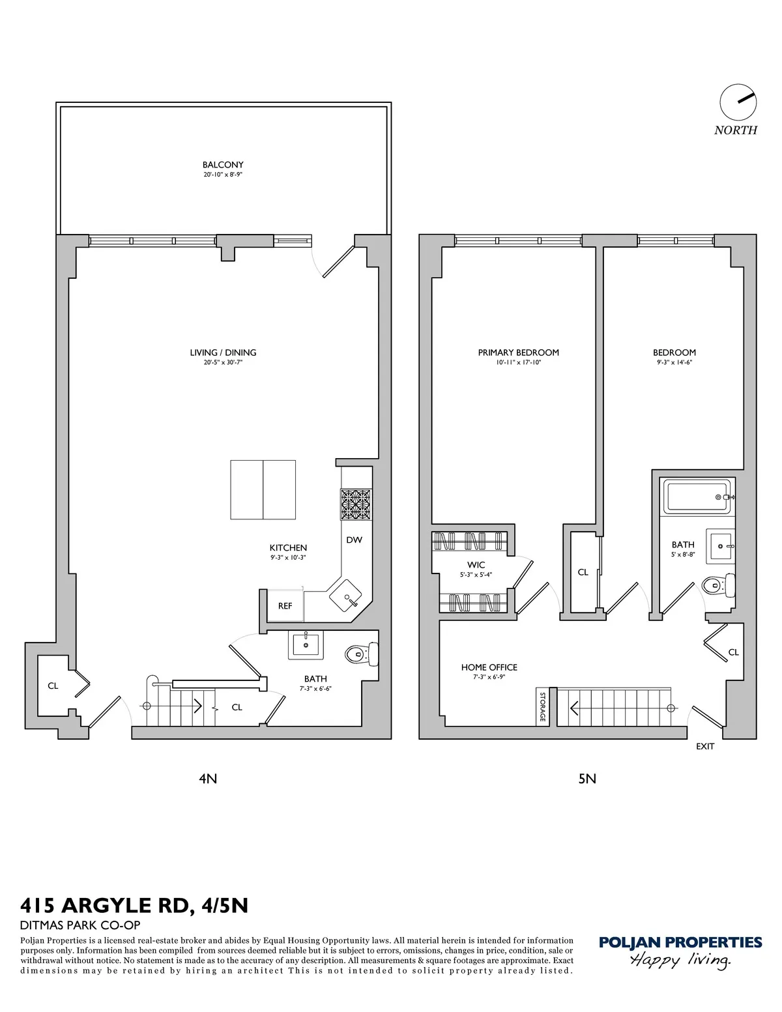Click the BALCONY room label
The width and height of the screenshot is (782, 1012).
(222, 165)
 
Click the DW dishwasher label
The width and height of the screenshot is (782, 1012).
(354, 540)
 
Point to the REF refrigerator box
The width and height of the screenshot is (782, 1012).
(285, 605)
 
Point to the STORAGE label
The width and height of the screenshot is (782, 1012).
(542, 706)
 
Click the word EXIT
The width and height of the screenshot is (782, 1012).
(705, 746)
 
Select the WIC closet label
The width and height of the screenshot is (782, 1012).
(476, 565)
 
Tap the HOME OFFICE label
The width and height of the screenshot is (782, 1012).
(489, 667)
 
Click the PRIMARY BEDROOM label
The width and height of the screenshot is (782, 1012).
(518, 353)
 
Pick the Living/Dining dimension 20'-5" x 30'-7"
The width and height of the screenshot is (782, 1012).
(223, 362)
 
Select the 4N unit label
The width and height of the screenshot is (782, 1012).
(207, 778)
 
